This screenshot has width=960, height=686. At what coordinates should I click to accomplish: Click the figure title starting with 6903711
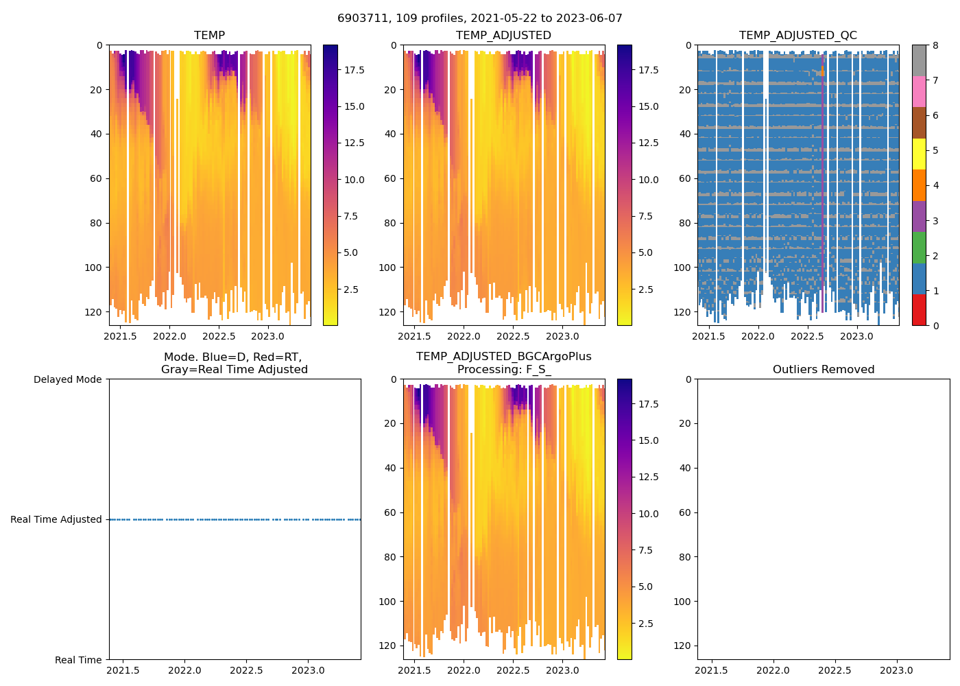(x=480, y=19)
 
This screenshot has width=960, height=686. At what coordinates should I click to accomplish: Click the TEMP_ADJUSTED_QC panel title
(x=797, y=36)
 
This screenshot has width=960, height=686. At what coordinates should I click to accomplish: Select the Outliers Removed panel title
(x=823, y=370)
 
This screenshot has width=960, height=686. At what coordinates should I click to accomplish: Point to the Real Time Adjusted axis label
(x=56, y=520)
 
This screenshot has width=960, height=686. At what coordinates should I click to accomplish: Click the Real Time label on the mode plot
(x=78, y=660)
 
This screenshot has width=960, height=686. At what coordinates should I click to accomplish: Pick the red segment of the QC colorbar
(x=919, y=310)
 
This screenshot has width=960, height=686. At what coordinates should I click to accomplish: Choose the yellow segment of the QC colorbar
(x=919, y=154)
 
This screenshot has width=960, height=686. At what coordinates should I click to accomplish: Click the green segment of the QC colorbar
(x=919, y=248)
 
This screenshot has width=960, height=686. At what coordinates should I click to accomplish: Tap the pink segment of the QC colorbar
(x=919, y=92)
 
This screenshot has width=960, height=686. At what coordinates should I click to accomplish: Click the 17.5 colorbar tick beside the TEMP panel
(x=354, y=70)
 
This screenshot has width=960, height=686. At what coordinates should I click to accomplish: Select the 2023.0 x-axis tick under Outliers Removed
(x=896, y=670)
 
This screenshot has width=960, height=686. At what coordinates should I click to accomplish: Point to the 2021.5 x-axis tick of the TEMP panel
(x=120, y=336)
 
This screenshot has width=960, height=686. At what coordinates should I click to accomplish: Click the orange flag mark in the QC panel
(x=822, y=71)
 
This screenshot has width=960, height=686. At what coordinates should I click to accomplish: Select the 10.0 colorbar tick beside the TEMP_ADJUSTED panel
(x=648, y=180)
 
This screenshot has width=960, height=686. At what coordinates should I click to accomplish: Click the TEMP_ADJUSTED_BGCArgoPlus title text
(x=503, y=357)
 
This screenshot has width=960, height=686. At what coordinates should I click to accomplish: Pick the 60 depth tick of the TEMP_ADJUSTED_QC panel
(x=684, y=178)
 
